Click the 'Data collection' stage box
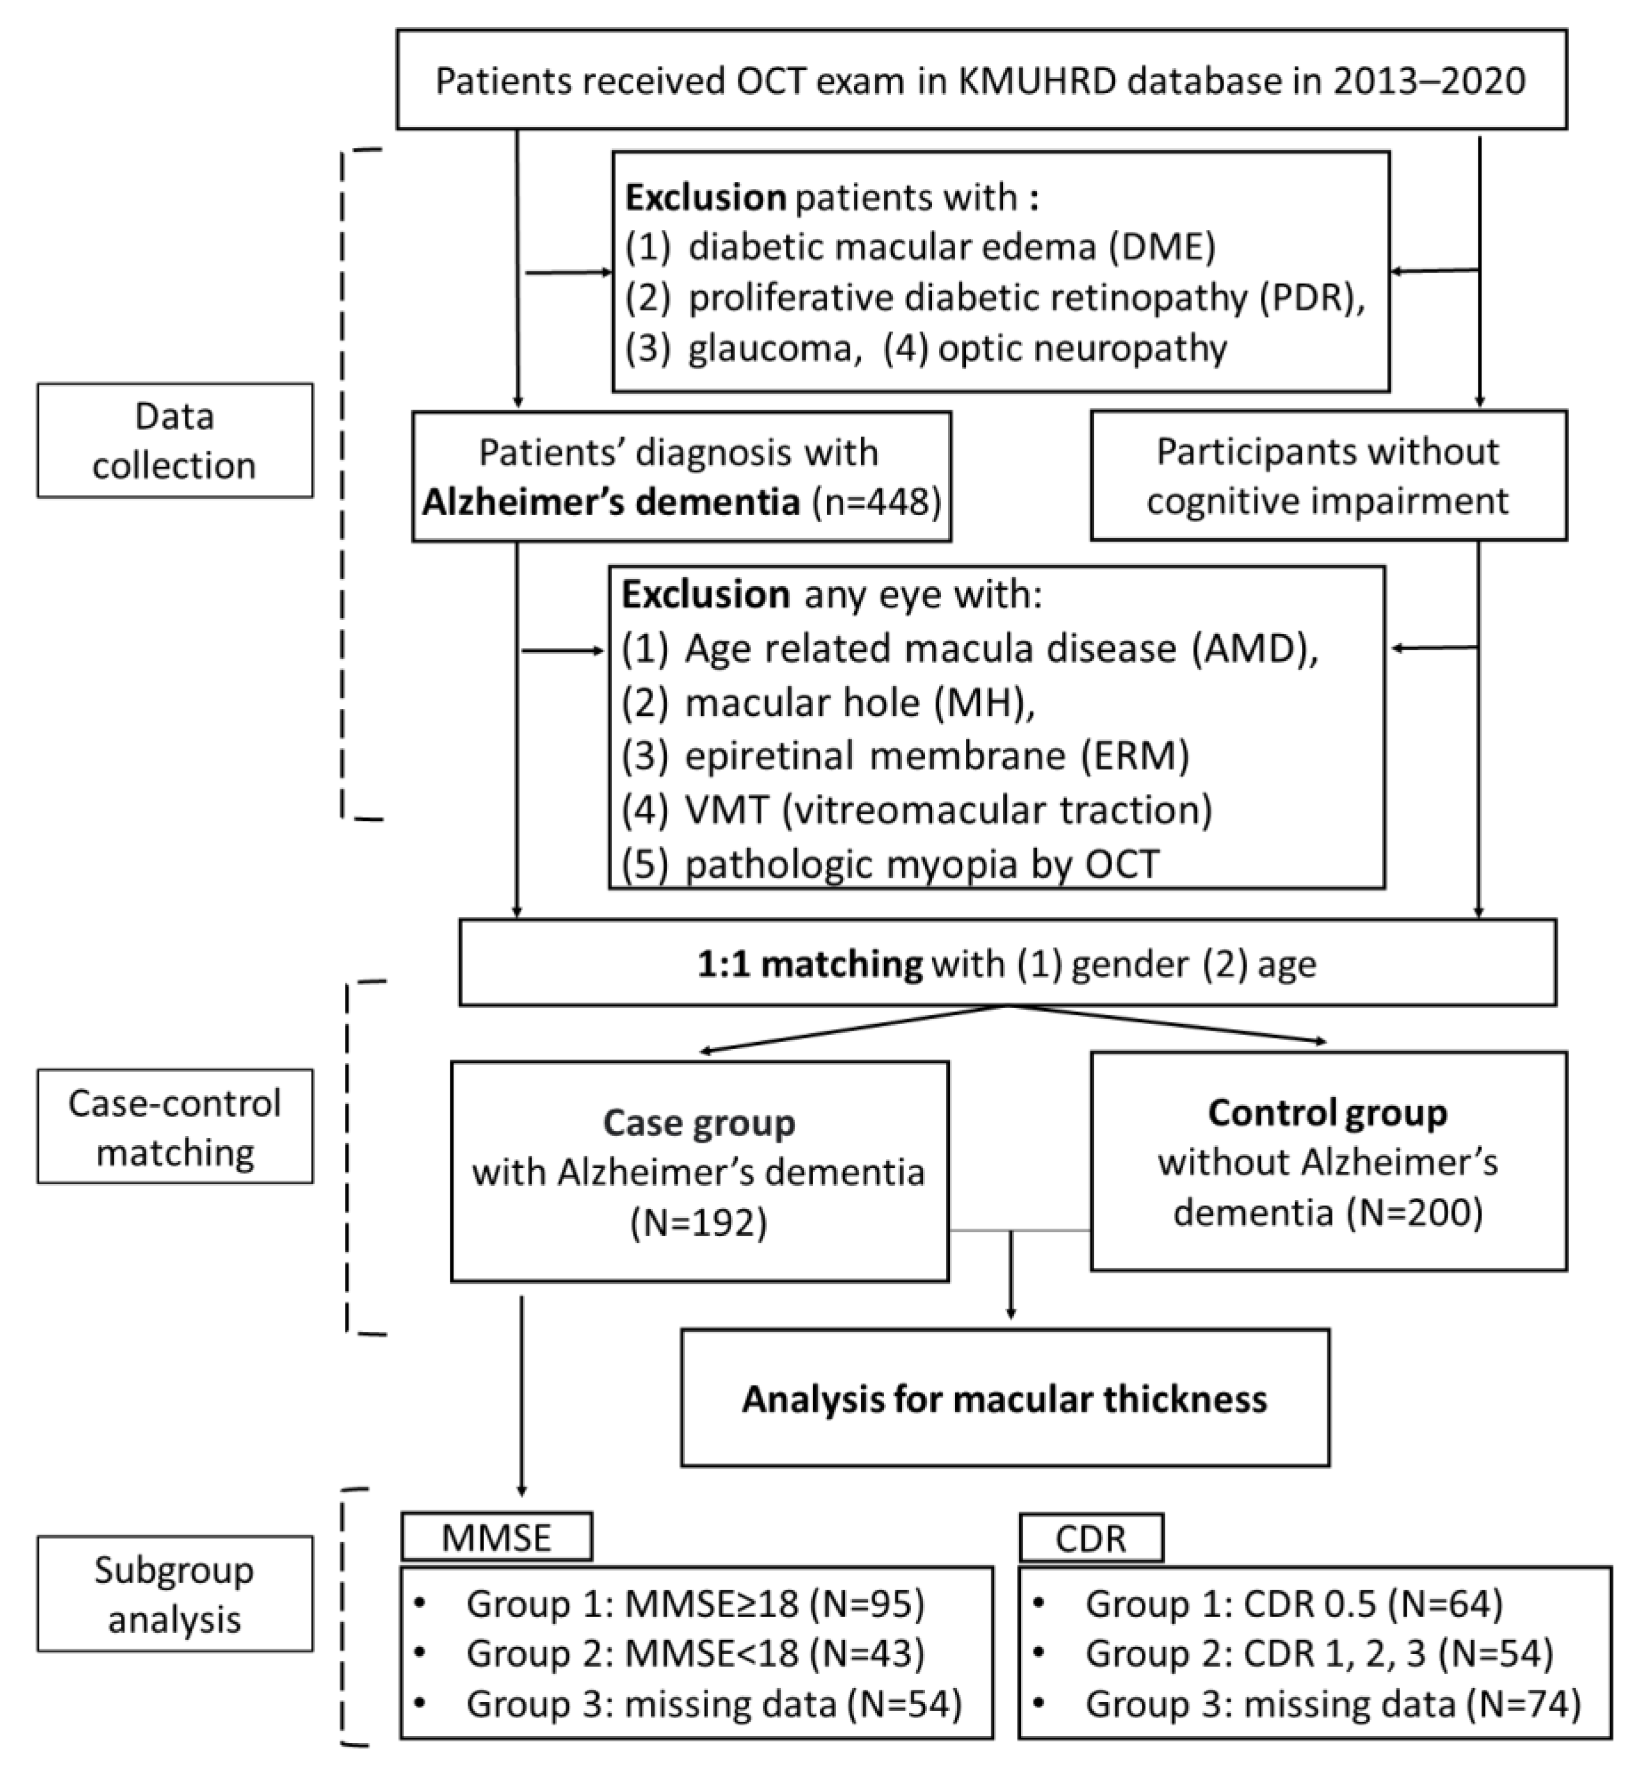[x=174, y=440]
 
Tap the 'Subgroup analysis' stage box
[x=174, y=1594]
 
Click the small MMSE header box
[x=497, y=1538]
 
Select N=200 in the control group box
[x=1414, y=1211]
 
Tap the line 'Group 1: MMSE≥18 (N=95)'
[x=695, y=1603]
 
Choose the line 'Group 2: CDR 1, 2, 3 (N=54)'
[x=1318, y=1653]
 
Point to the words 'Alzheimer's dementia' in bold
[x=611, y=502]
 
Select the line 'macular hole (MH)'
[x=859, y=703]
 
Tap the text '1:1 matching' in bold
[x=809, y=963]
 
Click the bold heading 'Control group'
[x=1327, y=1113]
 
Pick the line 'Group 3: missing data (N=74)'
[x=1333, y=1704]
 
